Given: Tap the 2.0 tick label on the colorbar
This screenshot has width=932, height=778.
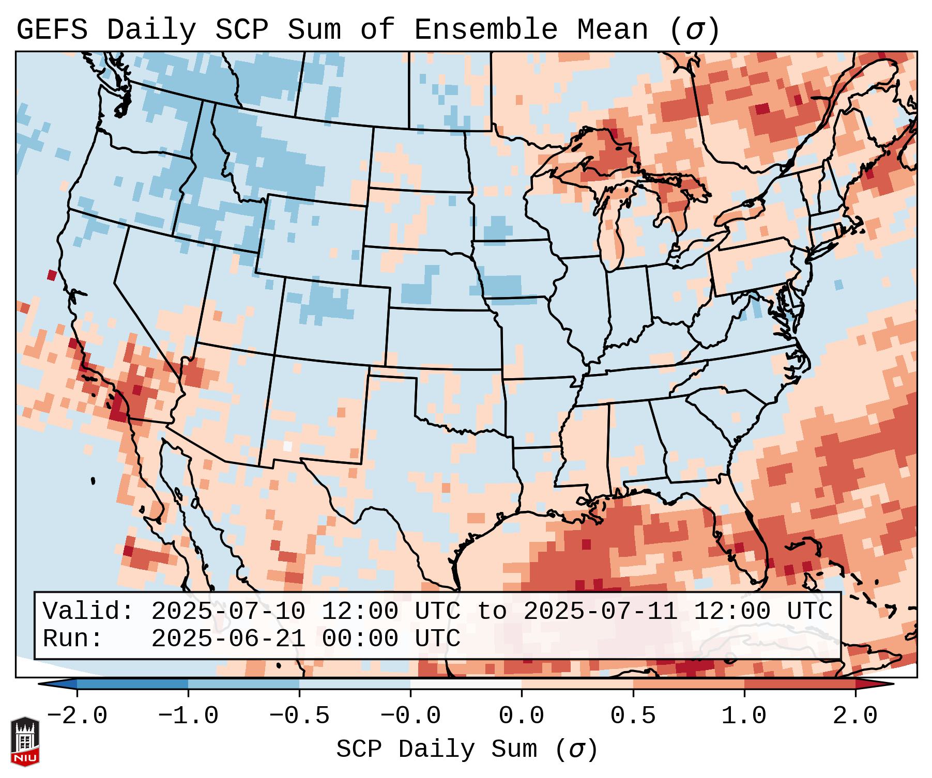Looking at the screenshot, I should click(x=855, y=716).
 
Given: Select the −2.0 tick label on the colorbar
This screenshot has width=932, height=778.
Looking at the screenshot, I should click(x=77, y=716).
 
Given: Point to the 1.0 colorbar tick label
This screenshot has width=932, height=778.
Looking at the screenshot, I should click(x=744, y=716).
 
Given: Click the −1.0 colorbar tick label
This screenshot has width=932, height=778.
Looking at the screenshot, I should click(x=188, y=716).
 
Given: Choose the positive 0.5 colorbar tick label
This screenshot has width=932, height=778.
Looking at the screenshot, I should click(x=633, y=716).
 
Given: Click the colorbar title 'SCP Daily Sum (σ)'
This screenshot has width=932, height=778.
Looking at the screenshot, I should click(x=466, y=750).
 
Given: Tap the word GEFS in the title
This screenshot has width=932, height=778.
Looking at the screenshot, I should click(x=52, y=30).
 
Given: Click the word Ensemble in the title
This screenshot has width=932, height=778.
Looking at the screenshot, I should click(x=485, y=30).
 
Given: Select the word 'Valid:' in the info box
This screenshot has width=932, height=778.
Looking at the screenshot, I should click(x=88, y=611).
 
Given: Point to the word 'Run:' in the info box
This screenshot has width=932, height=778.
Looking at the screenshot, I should click(x=73, y=639).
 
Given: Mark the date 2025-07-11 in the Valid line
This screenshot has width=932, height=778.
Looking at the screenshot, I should click(x=601, y=611).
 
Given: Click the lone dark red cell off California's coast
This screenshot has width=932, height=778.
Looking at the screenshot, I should click(x=52, y=275).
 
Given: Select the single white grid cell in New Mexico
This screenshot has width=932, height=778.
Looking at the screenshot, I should click(x=288, y=446).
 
